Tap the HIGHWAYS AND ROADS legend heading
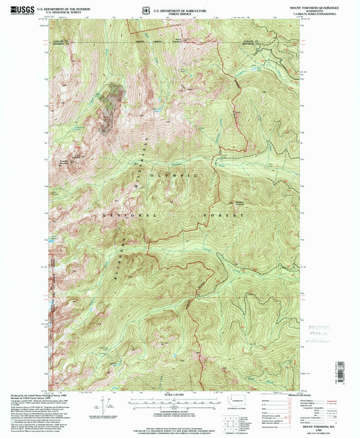(282, 398)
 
